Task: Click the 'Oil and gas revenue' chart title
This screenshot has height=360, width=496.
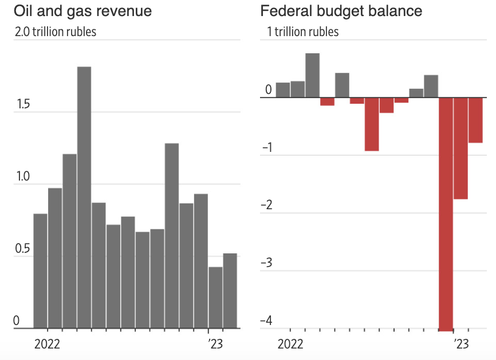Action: coord(83,11)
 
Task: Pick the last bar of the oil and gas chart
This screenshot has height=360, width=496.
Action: coord(230,291)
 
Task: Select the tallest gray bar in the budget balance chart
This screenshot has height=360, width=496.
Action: coord(312,75)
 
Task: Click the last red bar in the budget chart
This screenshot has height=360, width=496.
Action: coord(475,120)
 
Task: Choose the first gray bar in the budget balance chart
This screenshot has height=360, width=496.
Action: coord(283,90)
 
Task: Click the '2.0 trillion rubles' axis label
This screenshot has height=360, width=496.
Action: coord(56,32)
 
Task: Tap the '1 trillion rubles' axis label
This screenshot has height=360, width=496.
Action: coord(303,32)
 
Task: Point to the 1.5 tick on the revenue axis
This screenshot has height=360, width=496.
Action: coord(22,105)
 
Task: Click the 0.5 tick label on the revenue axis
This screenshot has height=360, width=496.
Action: coord(22,249)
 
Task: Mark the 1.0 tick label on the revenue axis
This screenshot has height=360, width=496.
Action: coord(22,177)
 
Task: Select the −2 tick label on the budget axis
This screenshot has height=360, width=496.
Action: coord(266,205)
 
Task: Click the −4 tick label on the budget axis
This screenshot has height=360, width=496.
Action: coord(266,320)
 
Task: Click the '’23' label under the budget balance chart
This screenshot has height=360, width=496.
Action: coord(461,344)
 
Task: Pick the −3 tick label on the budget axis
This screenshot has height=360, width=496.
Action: coord(266,263)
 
